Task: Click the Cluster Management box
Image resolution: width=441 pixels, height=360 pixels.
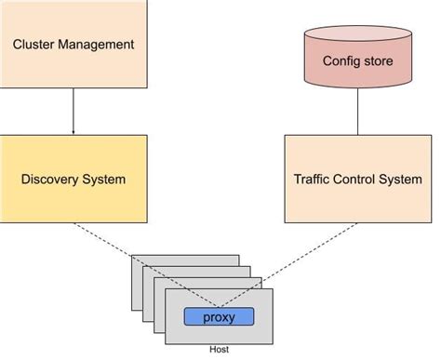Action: (73, 44)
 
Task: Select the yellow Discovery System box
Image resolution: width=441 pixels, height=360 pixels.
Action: (73, 179)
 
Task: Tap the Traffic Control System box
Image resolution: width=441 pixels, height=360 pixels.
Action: (358, 179)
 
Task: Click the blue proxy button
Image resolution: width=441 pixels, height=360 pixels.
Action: (220, 316)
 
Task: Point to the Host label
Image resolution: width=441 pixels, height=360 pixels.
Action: (220, 350)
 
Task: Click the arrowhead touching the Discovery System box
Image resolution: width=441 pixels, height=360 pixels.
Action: (73, 132)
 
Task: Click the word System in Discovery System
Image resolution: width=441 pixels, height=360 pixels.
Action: (103, 179)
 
